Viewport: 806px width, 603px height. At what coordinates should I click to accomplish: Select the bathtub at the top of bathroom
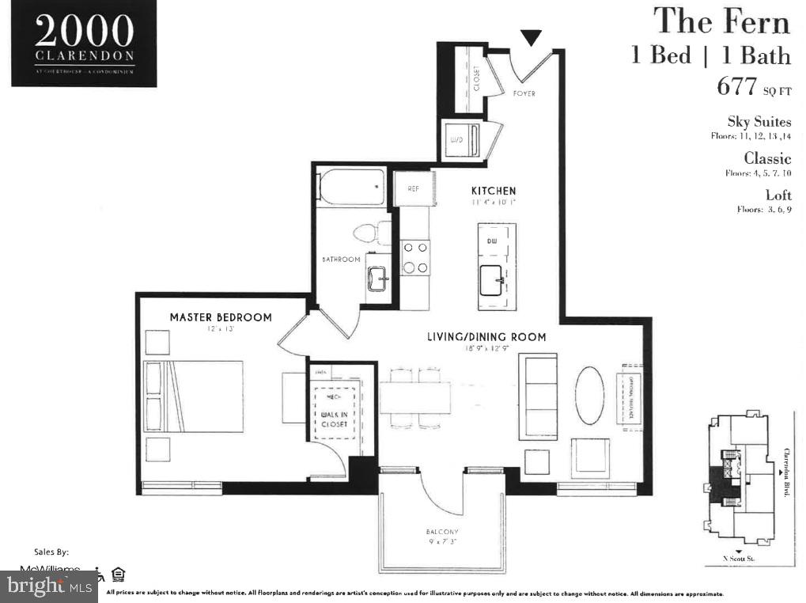pos(350,187)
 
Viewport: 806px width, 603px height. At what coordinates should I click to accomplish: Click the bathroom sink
pos(377,279)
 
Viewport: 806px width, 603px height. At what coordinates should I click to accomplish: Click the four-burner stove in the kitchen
pos(415,257)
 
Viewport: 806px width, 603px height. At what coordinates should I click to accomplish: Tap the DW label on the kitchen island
pos(491,240)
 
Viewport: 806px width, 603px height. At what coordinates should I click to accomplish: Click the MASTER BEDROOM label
pos(221,317)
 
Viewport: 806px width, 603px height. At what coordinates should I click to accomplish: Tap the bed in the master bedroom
pos(194,396)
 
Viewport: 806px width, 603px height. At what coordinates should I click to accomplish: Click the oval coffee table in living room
pos(589,395)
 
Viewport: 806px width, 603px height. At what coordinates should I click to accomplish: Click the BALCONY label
pos(442,532)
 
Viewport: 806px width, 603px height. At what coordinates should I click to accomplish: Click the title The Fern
pos(721,21)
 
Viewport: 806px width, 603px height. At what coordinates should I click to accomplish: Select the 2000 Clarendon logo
pos(84,43)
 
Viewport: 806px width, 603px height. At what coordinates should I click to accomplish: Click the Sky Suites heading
pos(759,122)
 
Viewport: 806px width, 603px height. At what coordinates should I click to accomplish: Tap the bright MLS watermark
pos(49,586)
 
